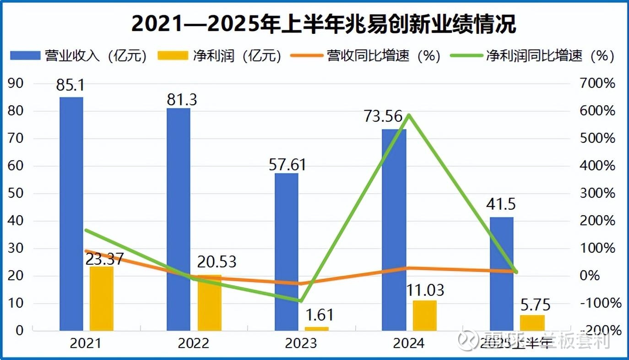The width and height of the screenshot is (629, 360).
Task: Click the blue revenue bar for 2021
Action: click(x=71, y=213)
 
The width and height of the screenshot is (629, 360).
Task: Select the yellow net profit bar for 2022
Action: click(x=209, y=302)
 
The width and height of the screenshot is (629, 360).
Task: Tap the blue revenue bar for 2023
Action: click(x=286, y=251)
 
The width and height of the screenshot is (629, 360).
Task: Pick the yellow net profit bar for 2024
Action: click(x=424, y=315)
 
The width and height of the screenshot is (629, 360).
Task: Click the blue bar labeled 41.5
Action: click(x=502, y=273)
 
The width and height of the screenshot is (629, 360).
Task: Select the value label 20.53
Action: click(x=217, y=262)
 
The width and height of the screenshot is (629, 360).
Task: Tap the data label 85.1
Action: click(x=70, y=85)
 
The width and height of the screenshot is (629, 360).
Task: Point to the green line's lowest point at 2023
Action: click(x=301, y=301)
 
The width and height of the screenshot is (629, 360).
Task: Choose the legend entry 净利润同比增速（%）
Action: click(x=532, y=56)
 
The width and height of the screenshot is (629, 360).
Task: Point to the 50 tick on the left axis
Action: click(x=16, y=193)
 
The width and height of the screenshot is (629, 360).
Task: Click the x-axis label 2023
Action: click(x=300, y=344)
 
